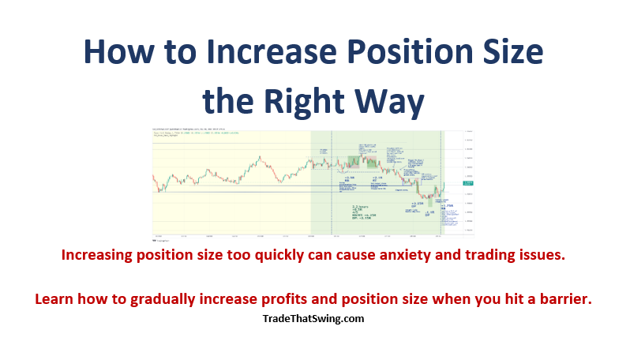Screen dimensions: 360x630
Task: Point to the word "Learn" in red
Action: tap(54, 300)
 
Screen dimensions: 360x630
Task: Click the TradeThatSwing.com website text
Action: tap(313, 320)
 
